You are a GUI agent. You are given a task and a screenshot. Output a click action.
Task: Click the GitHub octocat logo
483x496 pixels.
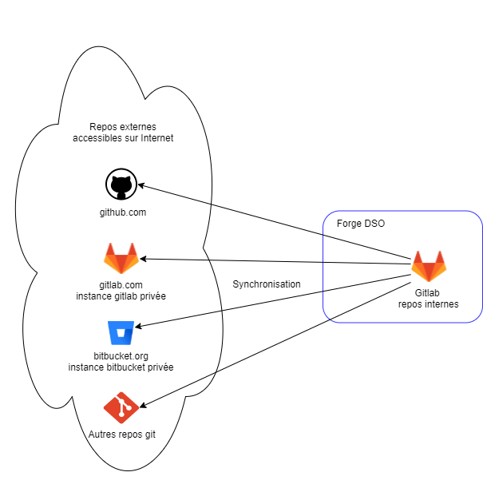click(x=121, y=185)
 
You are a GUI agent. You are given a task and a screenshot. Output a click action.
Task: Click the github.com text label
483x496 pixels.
click(x=122, y=212)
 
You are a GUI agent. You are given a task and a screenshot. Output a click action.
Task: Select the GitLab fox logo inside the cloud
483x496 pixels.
click(x=121, y=259)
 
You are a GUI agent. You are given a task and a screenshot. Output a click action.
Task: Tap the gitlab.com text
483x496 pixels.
click(x=121, y=285)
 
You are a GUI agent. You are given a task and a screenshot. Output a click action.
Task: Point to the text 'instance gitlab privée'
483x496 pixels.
click(x=121, y=296)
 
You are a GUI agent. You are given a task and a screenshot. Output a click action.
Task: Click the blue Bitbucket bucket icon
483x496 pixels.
click(x=121, y=331)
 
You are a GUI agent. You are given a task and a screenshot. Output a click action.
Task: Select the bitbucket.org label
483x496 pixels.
click(x=121, y=356)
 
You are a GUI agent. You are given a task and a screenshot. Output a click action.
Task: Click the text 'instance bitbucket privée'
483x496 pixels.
click(x=121, y=367)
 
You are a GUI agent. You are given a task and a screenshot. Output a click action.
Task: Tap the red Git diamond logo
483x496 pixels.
click(x=121, y=408)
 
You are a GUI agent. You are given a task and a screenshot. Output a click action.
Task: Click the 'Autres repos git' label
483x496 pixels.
click(x=121, y=434)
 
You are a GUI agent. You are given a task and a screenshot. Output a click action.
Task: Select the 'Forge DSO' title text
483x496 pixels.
click(x=360, y=224)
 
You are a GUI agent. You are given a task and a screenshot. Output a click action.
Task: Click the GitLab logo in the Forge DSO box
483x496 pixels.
click(x=429, y=267)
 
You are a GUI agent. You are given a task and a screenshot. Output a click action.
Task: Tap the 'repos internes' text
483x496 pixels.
click(x=429, y=304)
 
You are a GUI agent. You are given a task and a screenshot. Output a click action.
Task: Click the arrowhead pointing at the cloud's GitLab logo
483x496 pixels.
click(x=145, y=259)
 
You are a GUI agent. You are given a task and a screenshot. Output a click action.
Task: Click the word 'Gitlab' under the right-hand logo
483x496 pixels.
click(x=428, y=293)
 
